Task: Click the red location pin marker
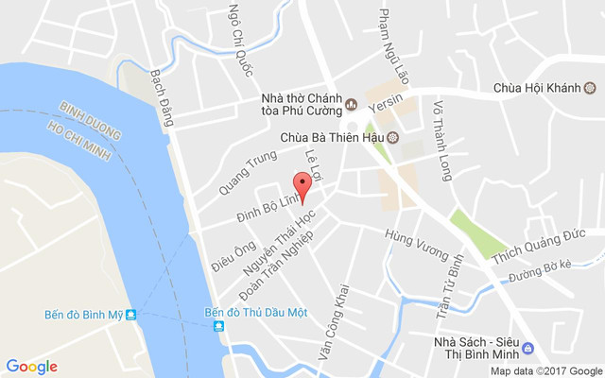(x=302, y=185)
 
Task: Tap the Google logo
(x=32, y=367)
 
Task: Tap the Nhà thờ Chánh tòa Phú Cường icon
(x=352, y=103)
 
